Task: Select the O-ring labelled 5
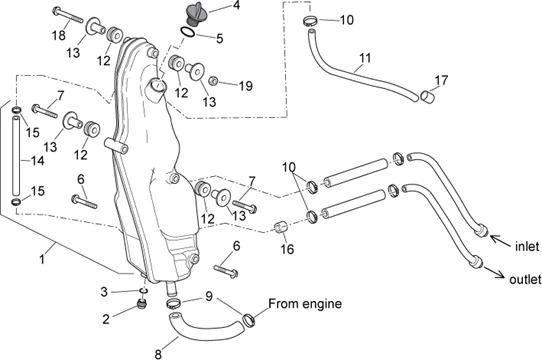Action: click(x=187, y=32)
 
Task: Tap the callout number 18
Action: click(x=59, y=35)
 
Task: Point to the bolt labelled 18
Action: click(x=68, y=16)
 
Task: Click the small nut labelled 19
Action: click(x=213, y=81)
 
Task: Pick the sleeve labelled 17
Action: click(x=427, y=95)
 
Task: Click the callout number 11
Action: click(x=365, y=58)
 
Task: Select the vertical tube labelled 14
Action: click(x=16, y=157)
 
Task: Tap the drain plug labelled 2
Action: click(x=141, y=305)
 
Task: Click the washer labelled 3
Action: click(x=144, y=290)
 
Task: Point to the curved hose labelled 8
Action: click(x=205, y=325)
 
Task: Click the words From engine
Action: click(x=305, y=304)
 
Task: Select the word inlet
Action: click(x=527, y=246)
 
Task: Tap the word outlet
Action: click(x=525, y=279)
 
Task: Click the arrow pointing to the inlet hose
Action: click(x=500, y=241)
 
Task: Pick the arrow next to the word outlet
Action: click(x=494, y=272)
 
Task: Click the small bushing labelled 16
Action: click(x=281, y=228)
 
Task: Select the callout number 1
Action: click(x=42, y=259)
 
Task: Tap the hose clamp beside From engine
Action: click(x=249, y=319)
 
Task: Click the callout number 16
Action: click(x=287, y=248)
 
